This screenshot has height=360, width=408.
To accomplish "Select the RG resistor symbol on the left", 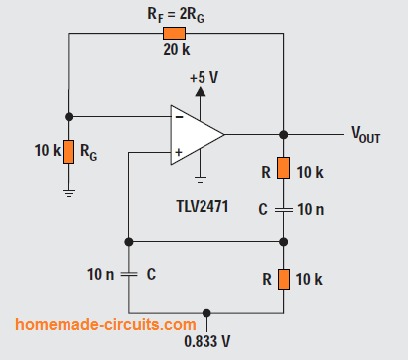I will click(68, 152).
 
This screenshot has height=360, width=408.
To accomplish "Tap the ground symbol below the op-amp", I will click(200, 180).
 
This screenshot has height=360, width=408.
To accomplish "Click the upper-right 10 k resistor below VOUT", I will click(283, 170).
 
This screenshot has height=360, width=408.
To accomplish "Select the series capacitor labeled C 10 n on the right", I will click(283, 209).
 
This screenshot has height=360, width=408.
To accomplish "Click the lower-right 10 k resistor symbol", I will click(283, 280).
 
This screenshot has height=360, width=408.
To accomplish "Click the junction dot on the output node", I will click(283, 134).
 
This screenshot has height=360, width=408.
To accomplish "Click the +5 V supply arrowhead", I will click(200, 92).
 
